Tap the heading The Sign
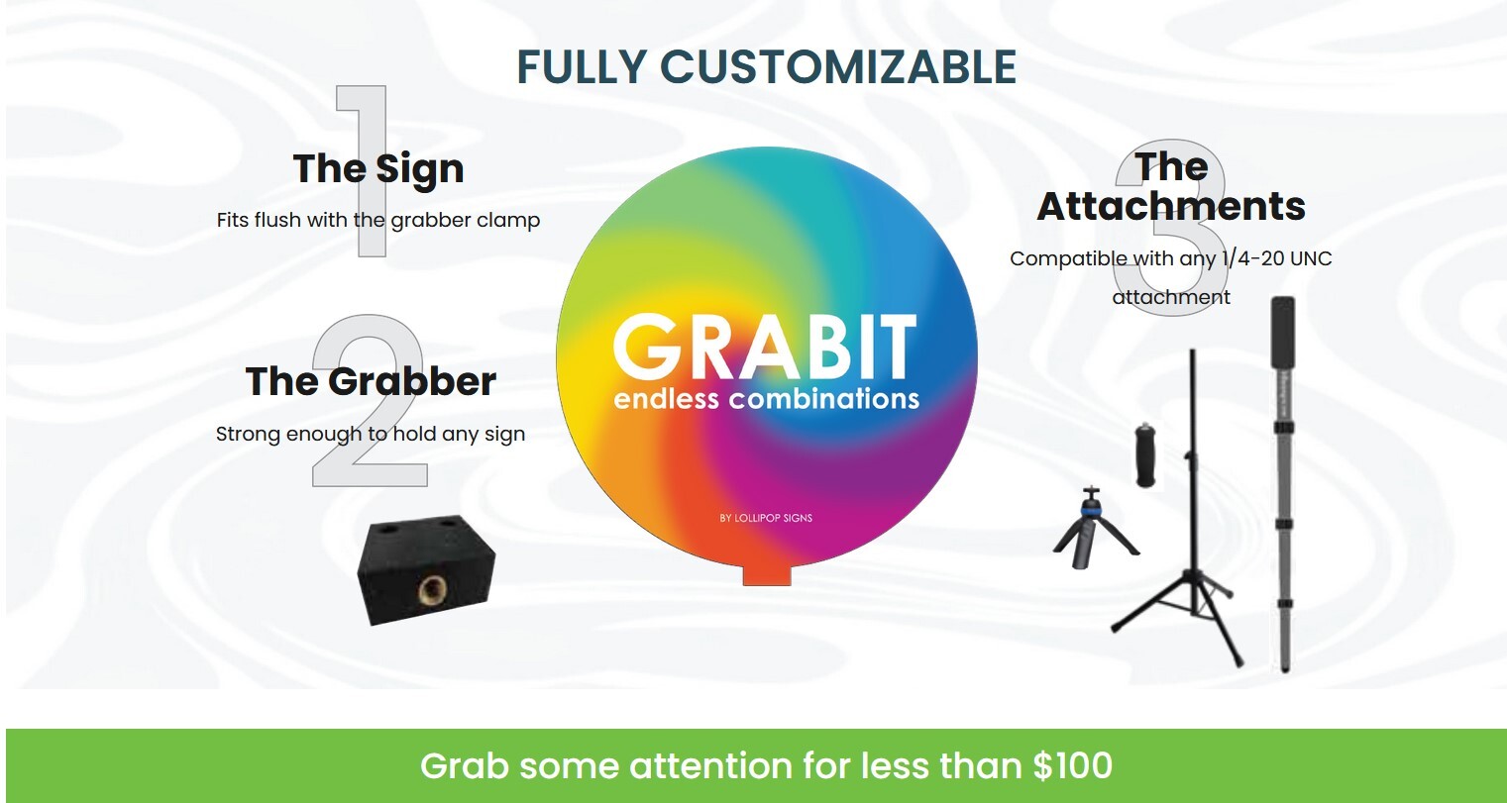click(378, 169)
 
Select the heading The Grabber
click(371, 381)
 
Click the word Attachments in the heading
click(1171, 206)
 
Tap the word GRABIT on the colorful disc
click(765, 348)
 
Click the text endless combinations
click(766, 399)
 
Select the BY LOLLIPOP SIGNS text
click(766, 518)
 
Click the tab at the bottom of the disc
click(767, 574)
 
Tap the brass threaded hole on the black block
click(432, 590)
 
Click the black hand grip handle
click(1146, 454)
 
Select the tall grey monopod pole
click(1282, 535)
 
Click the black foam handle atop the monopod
click(1282, 337)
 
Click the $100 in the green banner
click(1072, 765)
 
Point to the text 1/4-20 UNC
click(1276, 258)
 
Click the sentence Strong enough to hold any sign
click(371, 434)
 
